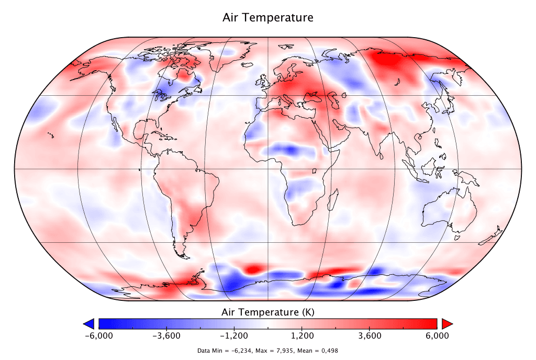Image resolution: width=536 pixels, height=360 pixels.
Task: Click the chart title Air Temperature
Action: [268, 17]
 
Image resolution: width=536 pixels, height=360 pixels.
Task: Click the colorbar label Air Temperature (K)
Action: [268, 312]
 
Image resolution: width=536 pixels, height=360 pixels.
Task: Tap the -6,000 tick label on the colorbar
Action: [99, 335]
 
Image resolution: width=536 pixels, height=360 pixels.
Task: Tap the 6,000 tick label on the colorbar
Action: [437, 335]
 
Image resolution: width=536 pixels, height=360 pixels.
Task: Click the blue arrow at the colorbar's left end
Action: [89, 323]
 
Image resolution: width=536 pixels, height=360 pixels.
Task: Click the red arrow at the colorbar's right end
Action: [446, 323]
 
